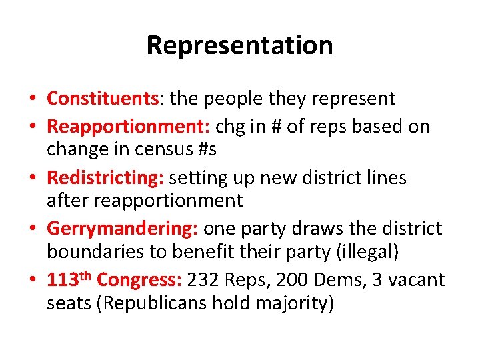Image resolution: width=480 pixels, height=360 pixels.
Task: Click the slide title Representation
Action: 239,45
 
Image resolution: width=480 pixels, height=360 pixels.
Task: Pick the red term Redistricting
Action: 105,178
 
